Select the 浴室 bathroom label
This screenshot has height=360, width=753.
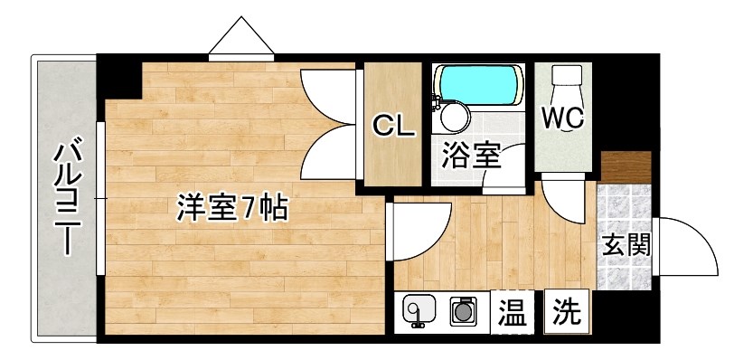tap(472, 155)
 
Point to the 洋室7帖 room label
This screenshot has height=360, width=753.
tap(231, 209)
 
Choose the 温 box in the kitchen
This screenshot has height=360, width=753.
tap(512, 315)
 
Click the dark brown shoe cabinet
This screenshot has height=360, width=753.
tap(626, 167)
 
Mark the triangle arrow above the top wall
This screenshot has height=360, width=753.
tap(241, 38)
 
